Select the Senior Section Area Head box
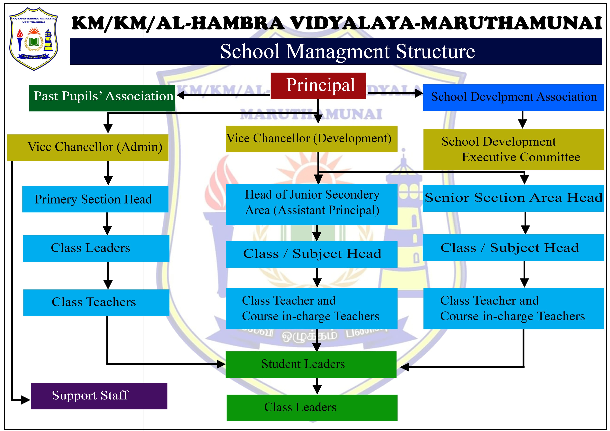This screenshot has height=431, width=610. pos(513,198)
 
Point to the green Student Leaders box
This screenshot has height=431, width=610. pos(311,364)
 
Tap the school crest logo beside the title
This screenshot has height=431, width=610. pos(34,39)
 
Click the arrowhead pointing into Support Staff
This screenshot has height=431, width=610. pos(26,400)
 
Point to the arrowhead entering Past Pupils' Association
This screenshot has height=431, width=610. pos(181,95)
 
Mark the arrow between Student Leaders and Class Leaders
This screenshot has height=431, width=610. pos(317,386)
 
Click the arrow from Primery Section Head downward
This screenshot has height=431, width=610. pos(107,224)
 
